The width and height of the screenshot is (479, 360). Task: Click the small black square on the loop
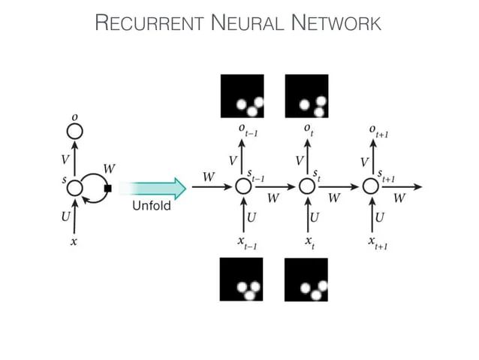[108, 189]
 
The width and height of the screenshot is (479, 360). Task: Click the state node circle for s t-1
[243, 186]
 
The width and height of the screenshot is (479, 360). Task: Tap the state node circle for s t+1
[372, 186]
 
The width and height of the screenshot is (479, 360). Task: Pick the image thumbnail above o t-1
[241, 97]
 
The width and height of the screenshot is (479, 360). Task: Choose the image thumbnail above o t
[306, 97]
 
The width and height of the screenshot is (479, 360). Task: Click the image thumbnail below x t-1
[241, 279]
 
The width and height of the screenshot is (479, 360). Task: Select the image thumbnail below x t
[306, 280]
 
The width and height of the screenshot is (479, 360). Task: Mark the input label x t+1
[376, 243]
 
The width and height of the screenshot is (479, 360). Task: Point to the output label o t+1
[378, 131]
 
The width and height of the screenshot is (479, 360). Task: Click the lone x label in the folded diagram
[74, 242]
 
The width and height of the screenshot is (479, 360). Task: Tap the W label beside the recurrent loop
[109, 168]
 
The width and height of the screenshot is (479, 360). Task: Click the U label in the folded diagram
[65, 216]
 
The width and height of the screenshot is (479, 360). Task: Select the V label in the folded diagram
[65, 159]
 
